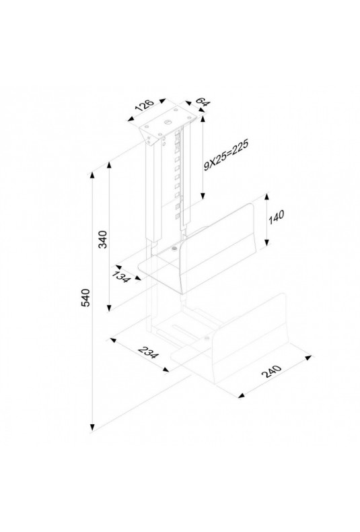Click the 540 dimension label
[x=86, y=298]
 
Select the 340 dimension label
[x=103, y=239]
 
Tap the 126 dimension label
[x=145, y=105]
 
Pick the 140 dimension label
[x=276, y=218]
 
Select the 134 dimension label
[x=121, y=277]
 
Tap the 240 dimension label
[x=272, y=372]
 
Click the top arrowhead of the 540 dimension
[x=92, y=176]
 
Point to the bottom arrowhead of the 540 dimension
[x=92, y=428]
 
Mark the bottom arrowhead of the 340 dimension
[x=109, y=308]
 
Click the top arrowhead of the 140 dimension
[x=266, y=197]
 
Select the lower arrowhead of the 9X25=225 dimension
[x=203, y=196]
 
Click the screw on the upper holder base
[x=174, y=249]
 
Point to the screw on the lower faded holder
[x=206, y=338]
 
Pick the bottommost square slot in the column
[x=177, y=215]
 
